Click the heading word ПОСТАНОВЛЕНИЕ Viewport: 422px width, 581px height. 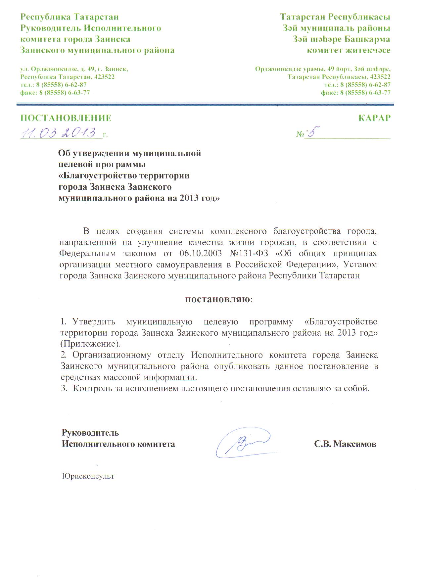pyautogui.click(x=66, y=118)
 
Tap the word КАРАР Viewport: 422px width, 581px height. pyautogui.click(x=375, y=118)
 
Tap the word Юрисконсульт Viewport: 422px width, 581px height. pyautogui.click(x=88, y=476)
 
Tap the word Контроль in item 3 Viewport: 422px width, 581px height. pyautogui.click(x=91, y=388)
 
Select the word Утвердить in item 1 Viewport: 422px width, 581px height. pyautogui.click(x=94, y=321)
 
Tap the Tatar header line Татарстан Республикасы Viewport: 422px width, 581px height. pyautogui.click(x=335, y=17)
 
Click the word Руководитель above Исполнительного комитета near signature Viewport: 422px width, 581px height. pyautogui.click(x=90, y=432)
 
